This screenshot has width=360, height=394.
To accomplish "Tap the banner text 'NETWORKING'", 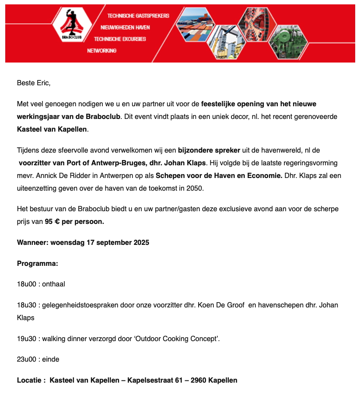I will coord(101,51).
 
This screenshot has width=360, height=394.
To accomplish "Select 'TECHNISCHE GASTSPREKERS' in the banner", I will coord(138,16).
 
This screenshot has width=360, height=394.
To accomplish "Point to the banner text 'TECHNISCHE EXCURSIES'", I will coord(120,39).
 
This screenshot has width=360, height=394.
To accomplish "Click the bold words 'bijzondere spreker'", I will coord(209,150).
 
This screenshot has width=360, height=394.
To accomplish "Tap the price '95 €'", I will coord(52,221).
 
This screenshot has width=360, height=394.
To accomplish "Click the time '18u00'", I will coord(26,284).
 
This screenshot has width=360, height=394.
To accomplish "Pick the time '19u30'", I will coord(26,338).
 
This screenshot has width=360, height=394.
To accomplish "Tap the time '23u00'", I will coord(26,359).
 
